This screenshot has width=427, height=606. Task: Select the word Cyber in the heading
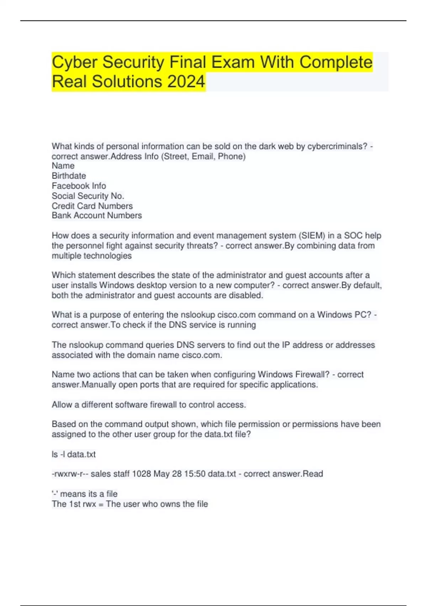click(75, 62)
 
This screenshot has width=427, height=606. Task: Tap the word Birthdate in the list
click(69, 176)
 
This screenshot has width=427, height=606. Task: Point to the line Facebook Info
click(79, 186)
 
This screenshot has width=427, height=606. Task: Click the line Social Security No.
click(88, 196)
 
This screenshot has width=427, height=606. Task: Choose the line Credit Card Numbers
click(92, 206)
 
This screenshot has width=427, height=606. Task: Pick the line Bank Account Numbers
click(97, 215)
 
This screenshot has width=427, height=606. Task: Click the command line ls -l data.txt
click(74, 454)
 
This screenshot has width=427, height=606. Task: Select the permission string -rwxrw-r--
click(70, 474)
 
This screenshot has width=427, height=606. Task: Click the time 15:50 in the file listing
click(194, 474)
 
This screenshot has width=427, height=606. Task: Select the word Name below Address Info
click(63, 166)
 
